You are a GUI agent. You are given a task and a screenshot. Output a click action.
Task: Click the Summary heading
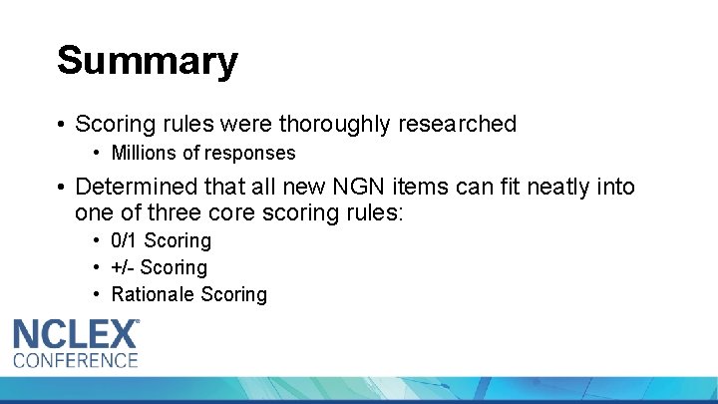click(x=147, y=60)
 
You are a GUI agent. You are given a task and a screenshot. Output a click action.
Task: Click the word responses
click(x=254, y=153)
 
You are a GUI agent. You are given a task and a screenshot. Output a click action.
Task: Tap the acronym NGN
click(x=381, y=187)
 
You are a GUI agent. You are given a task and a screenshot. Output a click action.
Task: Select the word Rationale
click(x=153, y=294)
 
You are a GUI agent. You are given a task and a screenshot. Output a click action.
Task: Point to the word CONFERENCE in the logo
click(x=75, y=360)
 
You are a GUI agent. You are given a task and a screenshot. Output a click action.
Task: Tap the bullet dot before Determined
click(x=61, y=187)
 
